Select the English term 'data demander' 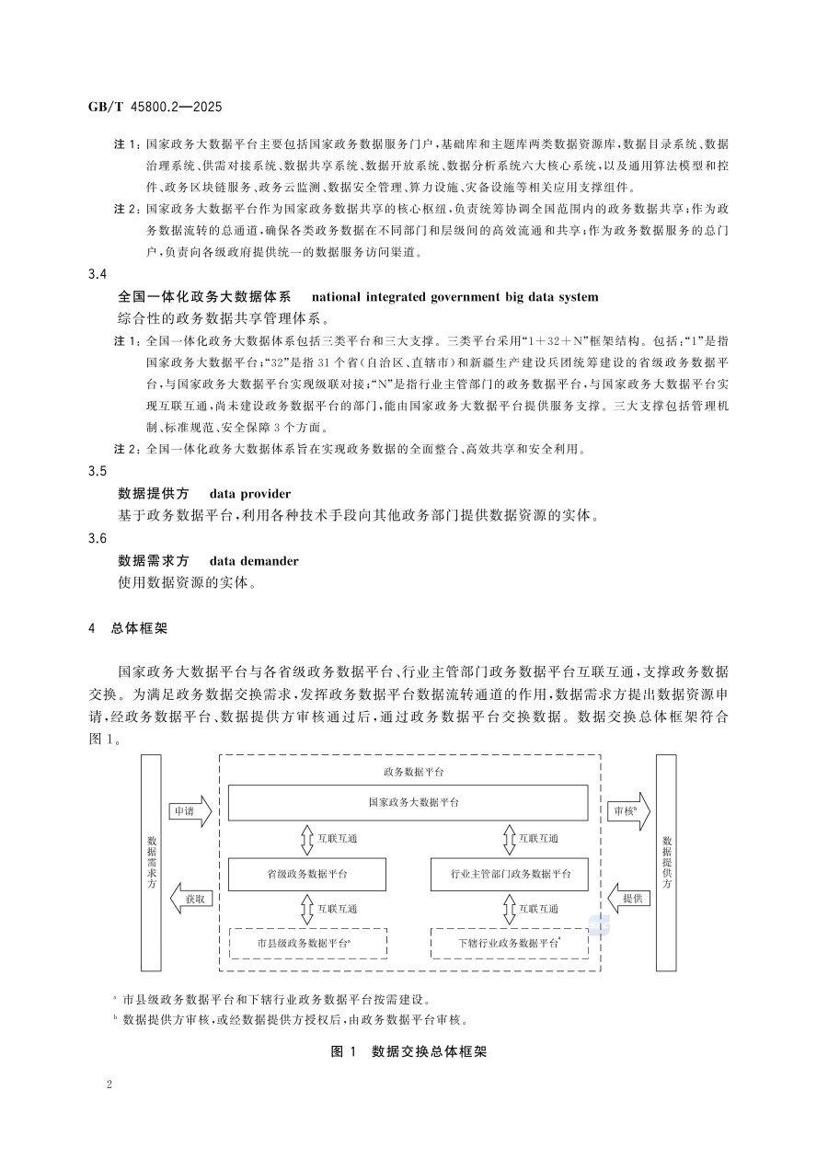253,560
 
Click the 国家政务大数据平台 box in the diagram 408,802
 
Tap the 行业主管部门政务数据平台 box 509,873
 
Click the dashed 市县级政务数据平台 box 307,943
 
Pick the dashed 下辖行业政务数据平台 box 509,943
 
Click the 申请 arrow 190,811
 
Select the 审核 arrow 629,811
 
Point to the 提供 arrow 629,898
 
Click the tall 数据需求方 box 151,862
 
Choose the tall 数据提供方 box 666,862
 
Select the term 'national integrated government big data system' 454,296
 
